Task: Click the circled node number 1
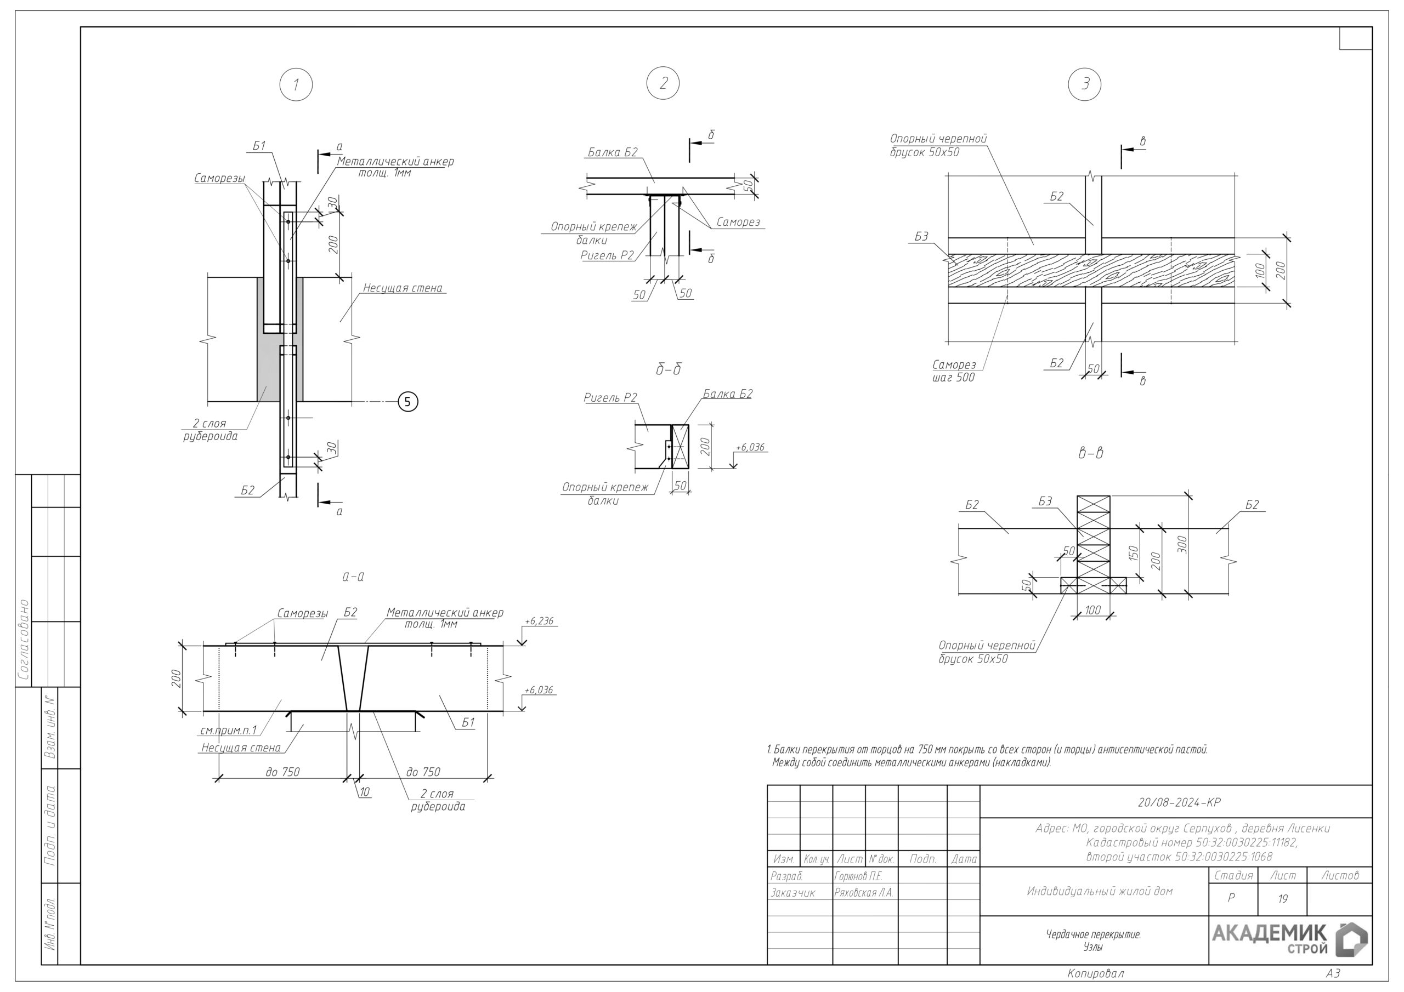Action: pos(296,84)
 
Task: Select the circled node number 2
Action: pos(663,83)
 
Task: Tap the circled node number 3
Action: pos(1085,84)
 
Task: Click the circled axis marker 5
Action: pos(408,402)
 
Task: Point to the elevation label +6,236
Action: pos(539,621)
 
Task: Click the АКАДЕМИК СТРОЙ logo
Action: pos(1289,940)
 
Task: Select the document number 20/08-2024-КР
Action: pos(1179,802)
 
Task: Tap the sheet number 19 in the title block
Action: pos(1282,898)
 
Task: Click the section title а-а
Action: pos(353,577)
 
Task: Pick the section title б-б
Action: pos(669,369)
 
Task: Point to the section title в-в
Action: pos(1090,453)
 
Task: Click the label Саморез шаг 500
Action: pos(954,371)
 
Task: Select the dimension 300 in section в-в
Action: pos(1182,544)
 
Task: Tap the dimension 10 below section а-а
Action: pos(365,792)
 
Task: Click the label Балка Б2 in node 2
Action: pos(613,152)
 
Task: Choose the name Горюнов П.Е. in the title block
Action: pos(858,876)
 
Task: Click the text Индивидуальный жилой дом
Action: pos(1100,891)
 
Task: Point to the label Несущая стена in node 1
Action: pos(403,288)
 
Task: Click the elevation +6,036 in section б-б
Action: pos(750,447)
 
